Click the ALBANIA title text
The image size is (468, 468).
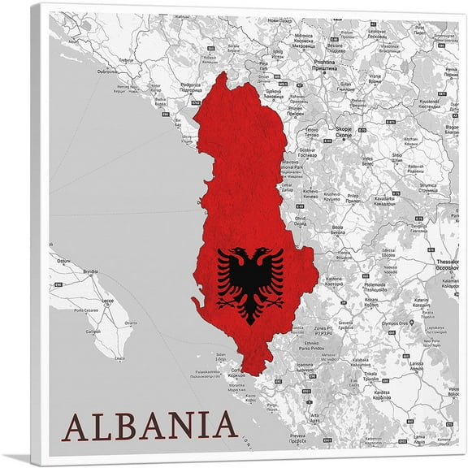click(149, 426)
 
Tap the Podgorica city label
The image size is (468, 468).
click(192, 84)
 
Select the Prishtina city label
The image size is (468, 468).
click(325, 63)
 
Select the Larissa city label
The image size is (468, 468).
click(415, 365)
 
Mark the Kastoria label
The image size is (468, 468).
click(334, 279)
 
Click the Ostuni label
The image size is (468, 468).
click(60, 260)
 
